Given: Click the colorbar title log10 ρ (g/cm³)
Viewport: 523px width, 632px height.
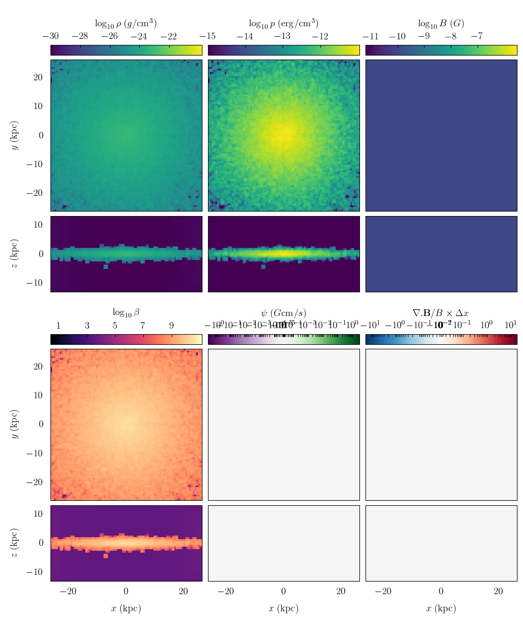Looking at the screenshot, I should tap(126, 23).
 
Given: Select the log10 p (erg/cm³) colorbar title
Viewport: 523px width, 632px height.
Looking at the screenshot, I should tap(283, 23).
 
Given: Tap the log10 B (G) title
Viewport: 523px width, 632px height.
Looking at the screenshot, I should tap(441, 23).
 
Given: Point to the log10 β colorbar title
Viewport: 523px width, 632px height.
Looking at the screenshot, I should tap(126, 312).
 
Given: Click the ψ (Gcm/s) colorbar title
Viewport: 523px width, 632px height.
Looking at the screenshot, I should tap(283, 313).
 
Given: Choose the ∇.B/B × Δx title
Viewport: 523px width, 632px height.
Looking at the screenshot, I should tap(441, 313).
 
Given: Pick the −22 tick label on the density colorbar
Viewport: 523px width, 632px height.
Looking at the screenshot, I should tap(169, 36).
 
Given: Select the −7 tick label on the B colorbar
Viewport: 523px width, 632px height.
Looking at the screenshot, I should tap(476, 36).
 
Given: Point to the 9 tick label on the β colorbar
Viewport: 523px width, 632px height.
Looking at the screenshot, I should tap(171, 326).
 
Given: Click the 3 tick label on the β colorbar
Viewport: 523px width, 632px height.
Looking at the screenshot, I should tap(87, 326).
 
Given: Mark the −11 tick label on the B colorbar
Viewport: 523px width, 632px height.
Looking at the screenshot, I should tap(371, 36).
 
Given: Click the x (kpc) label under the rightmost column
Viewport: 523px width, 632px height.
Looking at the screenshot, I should tap(441, 608).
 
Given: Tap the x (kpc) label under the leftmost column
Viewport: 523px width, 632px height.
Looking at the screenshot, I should tap(126, 608).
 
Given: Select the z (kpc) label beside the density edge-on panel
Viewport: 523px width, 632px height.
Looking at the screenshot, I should tap(15, 254).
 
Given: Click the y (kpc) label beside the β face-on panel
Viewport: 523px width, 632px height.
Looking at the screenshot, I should tap(15, 424).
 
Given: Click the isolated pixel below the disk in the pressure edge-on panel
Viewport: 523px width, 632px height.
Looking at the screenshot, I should tap(263, 267).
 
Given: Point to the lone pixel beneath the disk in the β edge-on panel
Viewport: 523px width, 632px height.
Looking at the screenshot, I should tap(106, 556).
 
